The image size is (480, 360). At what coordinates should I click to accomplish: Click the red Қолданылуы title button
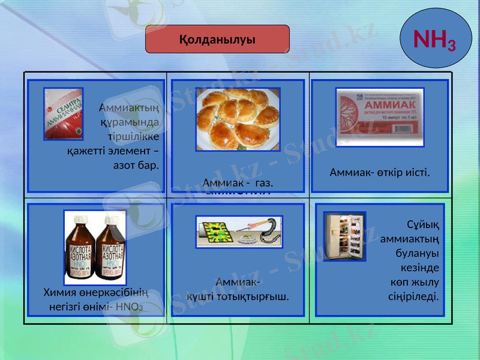(x=218, y=40)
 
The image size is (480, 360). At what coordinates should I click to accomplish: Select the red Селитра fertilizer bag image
(x=63, y=114)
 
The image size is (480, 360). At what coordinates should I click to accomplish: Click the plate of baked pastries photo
(x=238, y=119)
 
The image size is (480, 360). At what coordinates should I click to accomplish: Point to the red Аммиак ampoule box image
(x=379, y=117)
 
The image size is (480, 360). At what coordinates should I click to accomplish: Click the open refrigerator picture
(x=344, y=236)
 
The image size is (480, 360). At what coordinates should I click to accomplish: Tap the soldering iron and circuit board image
(x=238, y=232)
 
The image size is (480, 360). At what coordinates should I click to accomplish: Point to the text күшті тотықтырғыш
(x=238, y=296)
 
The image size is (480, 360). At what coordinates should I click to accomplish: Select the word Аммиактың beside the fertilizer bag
(x=128, y=108)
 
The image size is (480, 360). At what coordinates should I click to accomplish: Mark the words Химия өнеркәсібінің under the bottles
(x=95, y=292)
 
